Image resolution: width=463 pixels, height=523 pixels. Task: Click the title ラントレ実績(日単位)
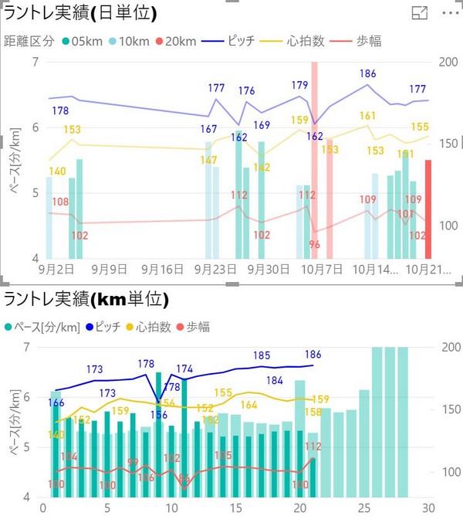(x=81, y=13)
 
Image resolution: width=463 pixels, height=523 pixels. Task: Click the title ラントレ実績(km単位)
(x=86, y=299)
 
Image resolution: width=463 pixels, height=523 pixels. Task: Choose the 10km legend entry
(x=128, y=41)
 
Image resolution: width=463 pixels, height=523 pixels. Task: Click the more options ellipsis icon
(x=449, y=13)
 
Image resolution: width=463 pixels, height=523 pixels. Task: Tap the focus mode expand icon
(x=420, y=13)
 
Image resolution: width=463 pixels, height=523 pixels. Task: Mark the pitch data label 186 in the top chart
(x=368, y=74)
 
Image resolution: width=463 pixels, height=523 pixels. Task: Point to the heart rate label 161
(x=367, y=116)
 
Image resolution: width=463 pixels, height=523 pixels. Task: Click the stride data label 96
(x=314, y=244)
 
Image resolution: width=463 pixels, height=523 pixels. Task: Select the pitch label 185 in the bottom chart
(x=262, y=355)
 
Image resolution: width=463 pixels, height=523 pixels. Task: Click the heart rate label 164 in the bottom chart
(x=248, y=405)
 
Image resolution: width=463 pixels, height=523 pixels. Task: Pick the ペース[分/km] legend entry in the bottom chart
(x=46, y=327)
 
